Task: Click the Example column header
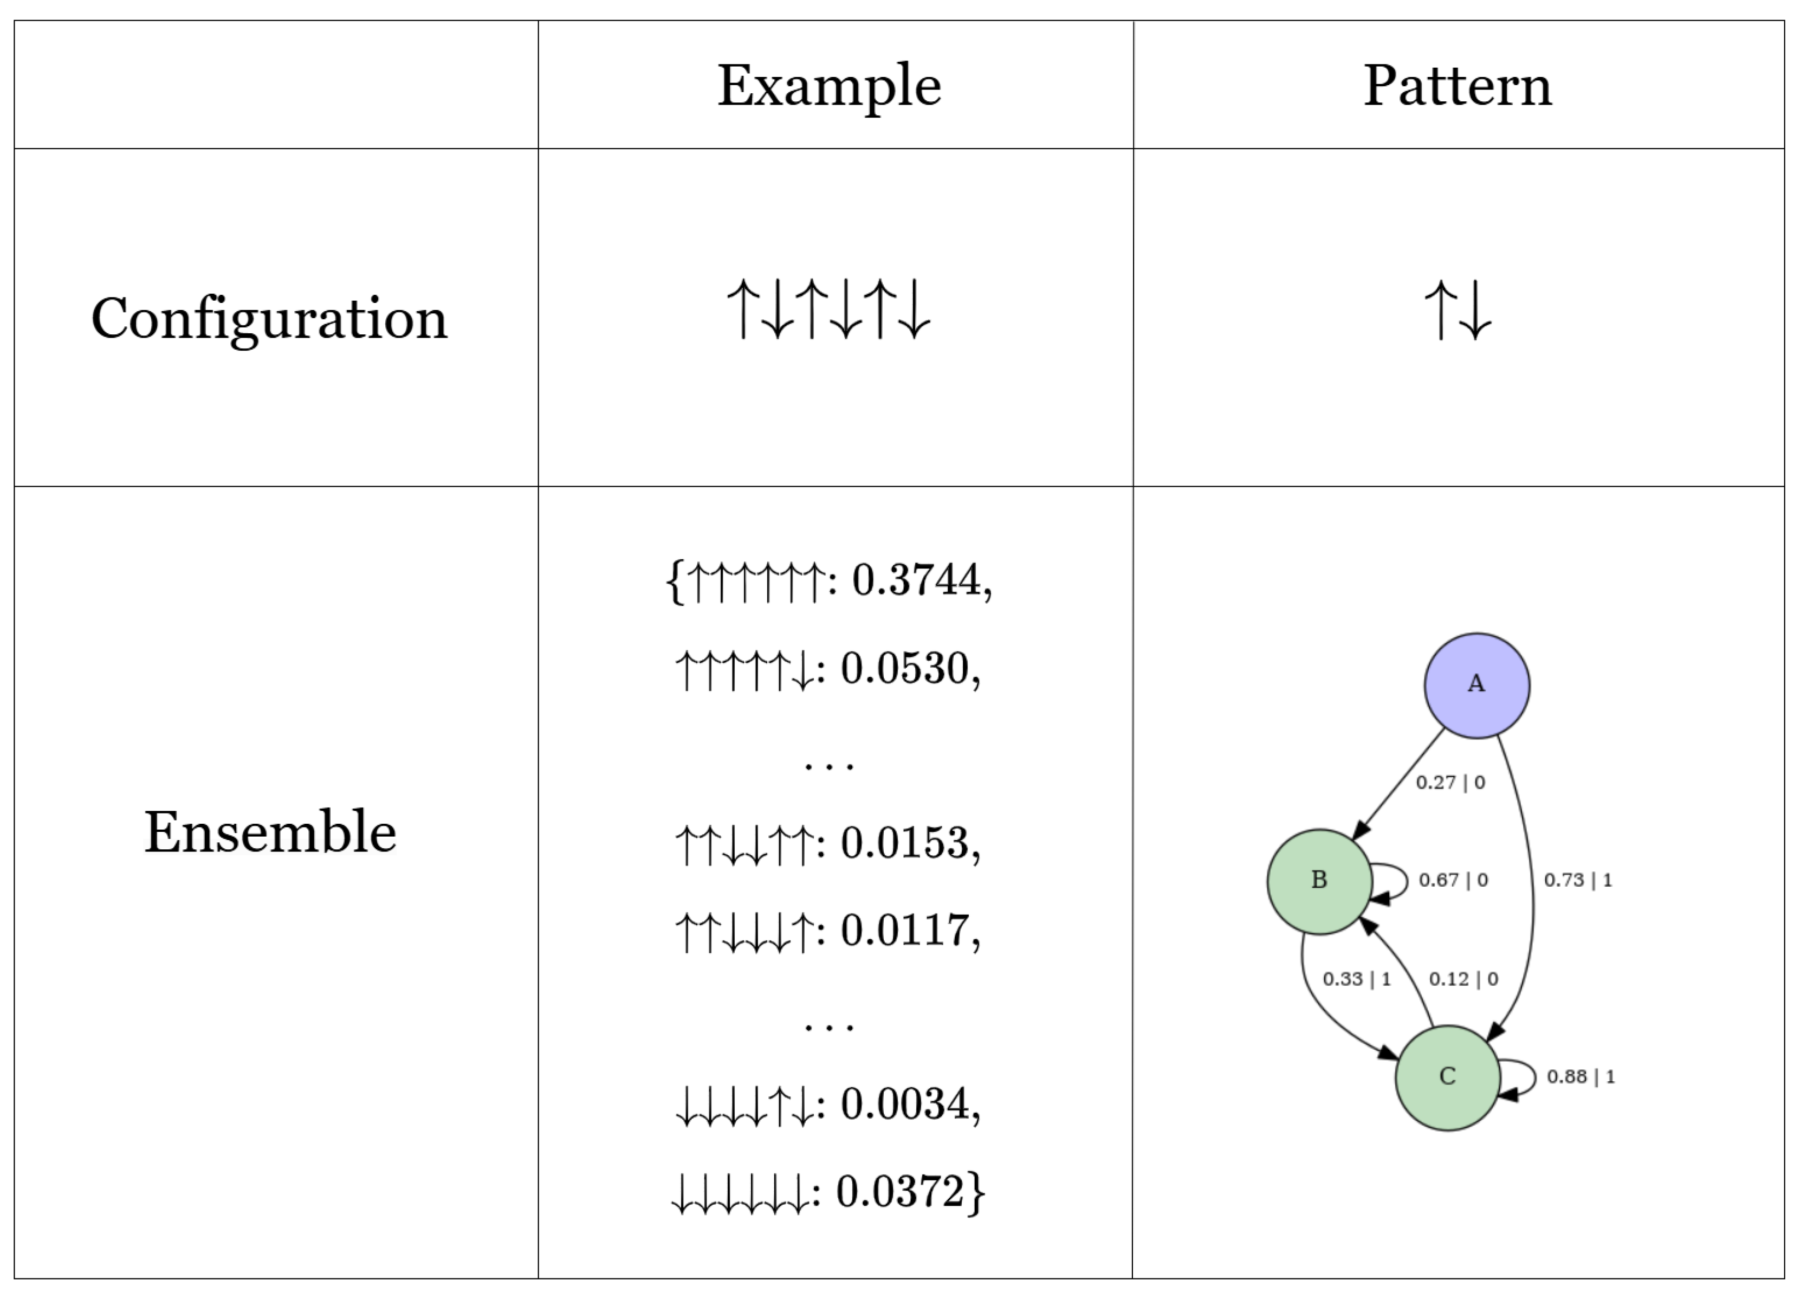(x=829, y=86)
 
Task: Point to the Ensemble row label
(x=270, y=832)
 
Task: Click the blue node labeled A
(x=1476, y=685)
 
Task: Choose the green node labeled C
(x=1448, y=1077)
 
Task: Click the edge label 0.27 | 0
(x=1450, y=782)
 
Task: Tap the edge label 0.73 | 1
(x=1577, y=880)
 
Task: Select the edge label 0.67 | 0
(x=1453, y=880)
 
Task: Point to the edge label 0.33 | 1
(x=1357, y=979)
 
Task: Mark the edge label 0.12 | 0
(x=1463, y=979)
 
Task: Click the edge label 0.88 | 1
(x=1581, y=1076)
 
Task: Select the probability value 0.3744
(x=916, y=580)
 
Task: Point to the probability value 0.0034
(x=905, y=1103)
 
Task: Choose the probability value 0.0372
(x=900, y=1191)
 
